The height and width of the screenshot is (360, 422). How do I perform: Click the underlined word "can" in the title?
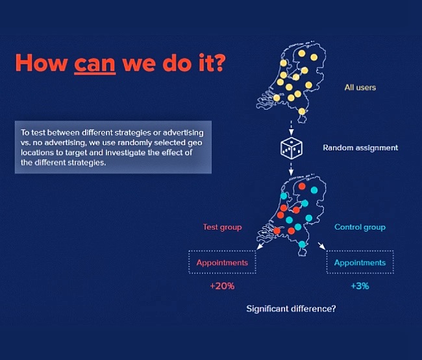(95, 64)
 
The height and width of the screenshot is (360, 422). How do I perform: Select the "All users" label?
(360, 88)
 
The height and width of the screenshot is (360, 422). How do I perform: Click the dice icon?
(292, 148)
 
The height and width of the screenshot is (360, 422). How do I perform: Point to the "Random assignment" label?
(360, 148)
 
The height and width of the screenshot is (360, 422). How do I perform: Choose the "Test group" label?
(222, 227)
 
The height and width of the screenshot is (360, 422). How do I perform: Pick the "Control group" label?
(360, 227)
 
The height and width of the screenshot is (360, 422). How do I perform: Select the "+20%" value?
(222, 286)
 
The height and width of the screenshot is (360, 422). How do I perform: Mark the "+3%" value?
(360, 286)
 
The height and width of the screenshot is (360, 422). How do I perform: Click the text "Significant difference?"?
(291, 309)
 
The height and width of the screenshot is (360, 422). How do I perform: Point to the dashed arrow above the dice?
(291, 128)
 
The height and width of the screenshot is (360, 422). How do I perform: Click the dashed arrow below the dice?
(291, 168)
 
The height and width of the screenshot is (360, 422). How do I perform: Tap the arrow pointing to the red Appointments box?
(260, 246)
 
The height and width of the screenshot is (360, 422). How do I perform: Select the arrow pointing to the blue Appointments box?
(322, 246)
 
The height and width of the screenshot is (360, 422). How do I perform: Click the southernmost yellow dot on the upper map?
(302, 112)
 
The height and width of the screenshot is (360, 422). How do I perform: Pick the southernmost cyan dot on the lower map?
(302, 244)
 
